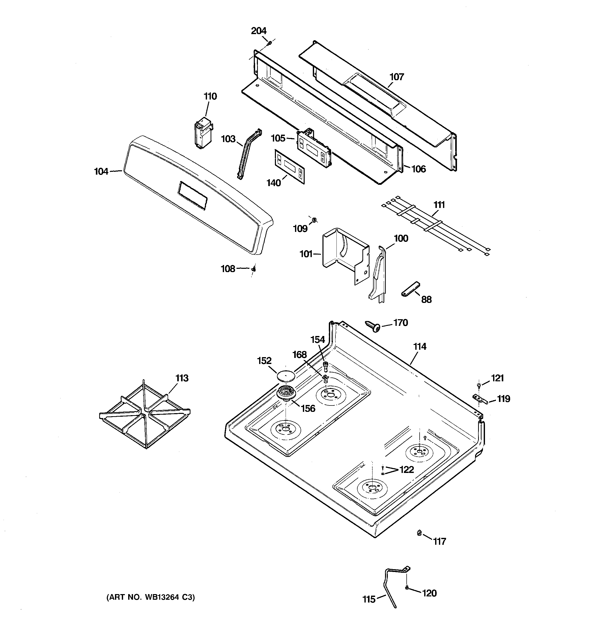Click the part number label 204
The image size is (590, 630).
tap(259, 31)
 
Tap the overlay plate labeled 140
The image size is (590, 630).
tap(290, 166)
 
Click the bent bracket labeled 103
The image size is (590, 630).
tap(249, 154)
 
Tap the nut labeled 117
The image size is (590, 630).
tap(419, 533)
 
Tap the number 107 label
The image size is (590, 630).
tap(396, 77)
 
